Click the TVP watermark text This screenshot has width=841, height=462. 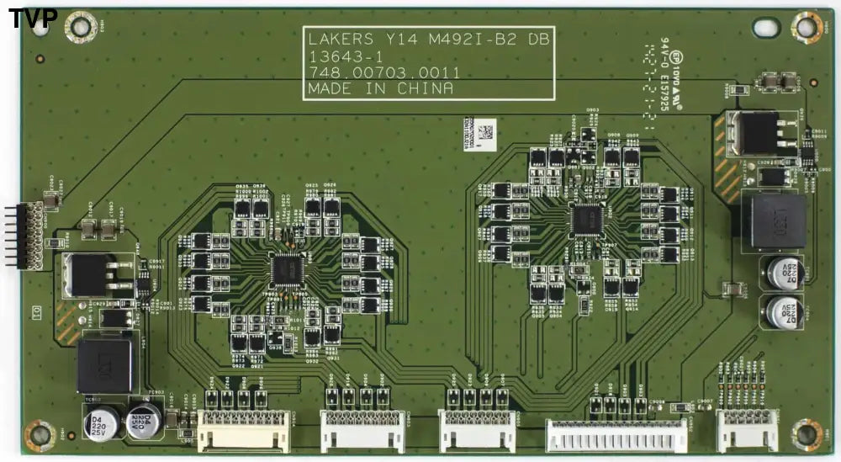pyautogui.click(x=33, y=18)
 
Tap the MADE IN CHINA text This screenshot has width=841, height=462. pyautogui.click(x=380, y=88)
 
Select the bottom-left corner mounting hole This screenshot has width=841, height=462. pyautogui.click(x=39, y=434)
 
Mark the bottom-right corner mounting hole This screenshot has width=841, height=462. pyautogui.click(x=806, y=434)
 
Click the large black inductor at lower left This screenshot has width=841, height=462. pyautogui.click(x=104, y=366)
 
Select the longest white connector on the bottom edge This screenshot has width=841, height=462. pyautogui.click(x=616, y=435)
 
